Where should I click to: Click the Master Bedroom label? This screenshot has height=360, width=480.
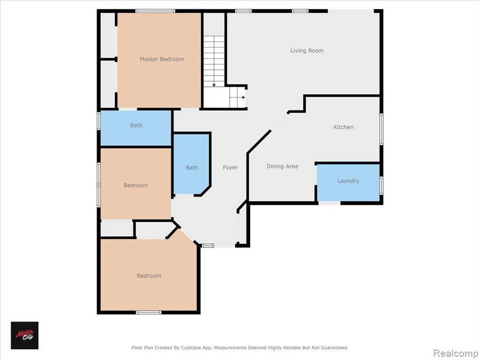162,59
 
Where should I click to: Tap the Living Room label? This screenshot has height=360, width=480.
307,51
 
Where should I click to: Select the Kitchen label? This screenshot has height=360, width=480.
344,127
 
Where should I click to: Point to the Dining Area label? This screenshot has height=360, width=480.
282,166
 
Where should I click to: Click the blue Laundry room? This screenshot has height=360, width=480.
348,183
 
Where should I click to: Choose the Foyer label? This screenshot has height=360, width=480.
230,167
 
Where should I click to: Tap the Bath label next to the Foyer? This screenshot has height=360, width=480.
192,167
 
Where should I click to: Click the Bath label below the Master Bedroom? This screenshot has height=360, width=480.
136,125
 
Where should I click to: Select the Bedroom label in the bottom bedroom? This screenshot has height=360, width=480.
149,276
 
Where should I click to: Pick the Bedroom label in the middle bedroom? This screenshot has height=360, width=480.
135,185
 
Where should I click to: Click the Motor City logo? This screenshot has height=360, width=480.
25,335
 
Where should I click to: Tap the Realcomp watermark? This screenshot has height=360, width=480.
456,353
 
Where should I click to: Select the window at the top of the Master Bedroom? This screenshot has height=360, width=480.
156,11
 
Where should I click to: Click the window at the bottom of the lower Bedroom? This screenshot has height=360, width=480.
149,313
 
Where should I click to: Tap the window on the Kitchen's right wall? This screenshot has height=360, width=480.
382,129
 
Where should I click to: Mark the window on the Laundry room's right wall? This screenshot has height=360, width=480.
382,185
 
